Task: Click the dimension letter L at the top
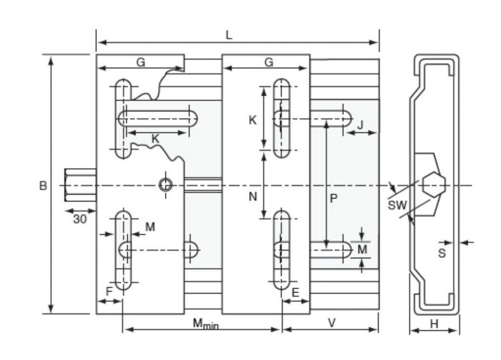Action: click(228, 35)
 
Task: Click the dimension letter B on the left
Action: click(43, 186)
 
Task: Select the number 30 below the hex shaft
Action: click(80, 219)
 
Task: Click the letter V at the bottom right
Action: click(332, 323)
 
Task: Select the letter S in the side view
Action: click(442, 253)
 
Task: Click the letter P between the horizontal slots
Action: click(333, 199)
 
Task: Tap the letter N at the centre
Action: click(252, 197)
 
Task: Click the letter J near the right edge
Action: click(360, 125)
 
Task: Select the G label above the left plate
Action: click(140, 63)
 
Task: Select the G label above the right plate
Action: click(269, 63)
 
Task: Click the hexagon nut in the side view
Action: click(433, 185)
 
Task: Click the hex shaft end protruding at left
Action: click(80, 185)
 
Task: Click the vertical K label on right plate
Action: click(252, 120)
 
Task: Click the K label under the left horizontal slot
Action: click(156, 139)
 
